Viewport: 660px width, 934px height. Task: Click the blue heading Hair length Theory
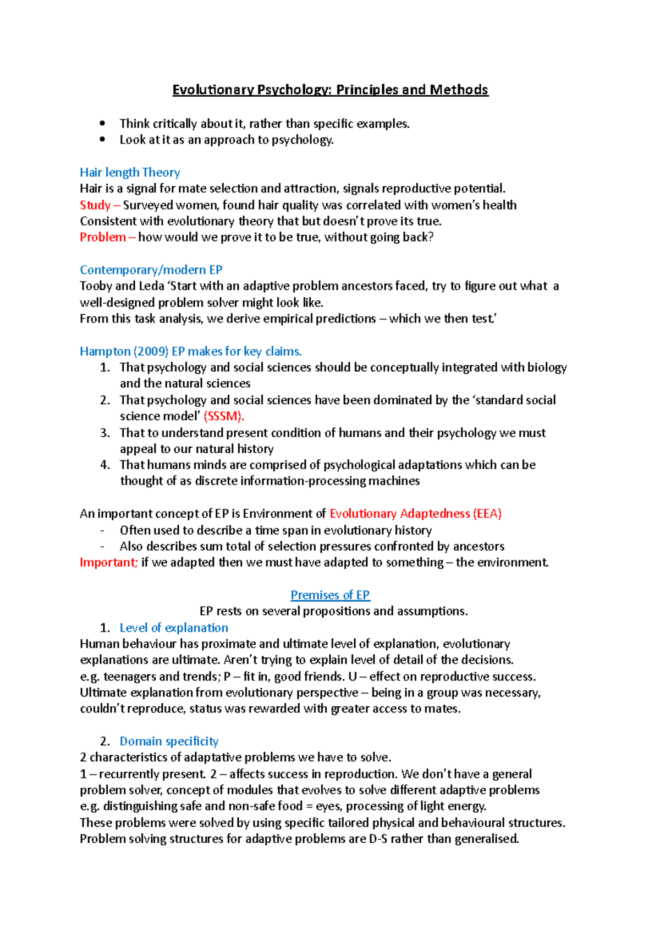tap(130, 173)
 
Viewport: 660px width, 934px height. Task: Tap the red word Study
tap(95, 205)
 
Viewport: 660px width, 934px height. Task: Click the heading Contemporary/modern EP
tap(151, 270)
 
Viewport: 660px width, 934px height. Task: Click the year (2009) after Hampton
tap(151, 351)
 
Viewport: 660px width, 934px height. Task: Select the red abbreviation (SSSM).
tap(223, 416)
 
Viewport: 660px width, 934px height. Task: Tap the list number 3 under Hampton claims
tap(105, 433)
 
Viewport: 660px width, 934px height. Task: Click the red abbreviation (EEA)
tap(487, 514)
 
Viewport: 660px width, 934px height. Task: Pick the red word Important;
tap(108, 563)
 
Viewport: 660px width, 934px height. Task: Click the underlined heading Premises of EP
tap(330, 595)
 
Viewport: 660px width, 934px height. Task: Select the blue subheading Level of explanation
tap(174, 628)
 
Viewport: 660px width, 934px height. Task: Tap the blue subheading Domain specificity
tap(169, 741)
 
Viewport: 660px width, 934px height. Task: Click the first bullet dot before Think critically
tap(102, 124)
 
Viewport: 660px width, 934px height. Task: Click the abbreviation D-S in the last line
tap(378, 839)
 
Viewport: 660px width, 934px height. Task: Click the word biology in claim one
tap(547, 367)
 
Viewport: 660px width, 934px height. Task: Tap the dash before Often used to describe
tap(102, 531)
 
